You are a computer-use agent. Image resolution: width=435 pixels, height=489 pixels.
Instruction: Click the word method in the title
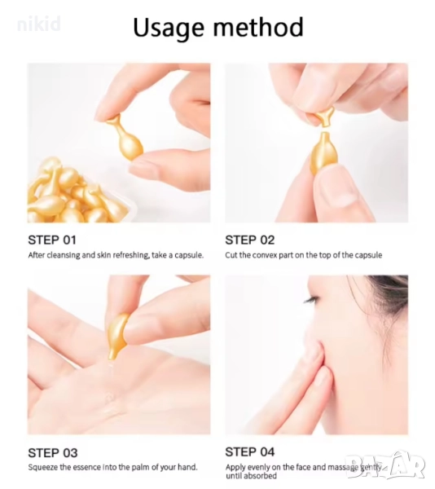pos(258,27)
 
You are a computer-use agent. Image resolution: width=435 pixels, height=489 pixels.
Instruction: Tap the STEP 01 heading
pos(52,240)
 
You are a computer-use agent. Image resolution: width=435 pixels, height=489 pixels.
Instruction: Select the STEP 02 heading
pos(250,240)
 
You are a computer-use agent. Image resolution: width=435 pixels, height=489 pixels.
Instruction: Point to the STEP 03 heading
pos(53,453)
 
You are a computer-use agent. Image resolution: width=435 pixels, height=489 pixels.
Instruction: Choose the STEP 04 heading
pos(250,452)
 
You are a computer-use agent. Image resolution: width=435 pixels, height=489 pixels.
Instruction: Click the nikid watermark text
pos(38,24)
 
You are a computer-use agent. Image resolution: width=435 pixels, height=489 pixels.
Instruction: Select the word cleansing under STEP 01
pos(64,255)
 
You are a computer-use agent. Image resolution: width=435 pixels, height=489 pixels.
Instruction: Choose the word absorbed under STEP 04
pos(260,476)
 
